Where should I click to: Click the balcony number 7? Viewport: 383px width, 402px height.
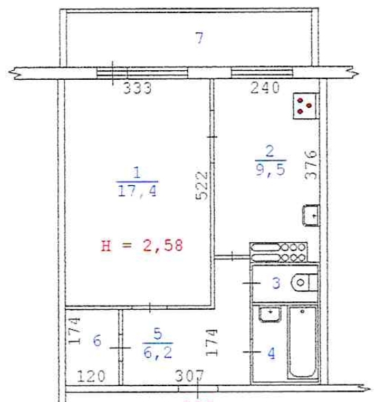199,39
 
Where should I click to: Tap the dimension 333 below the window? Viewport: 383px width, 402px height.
137,88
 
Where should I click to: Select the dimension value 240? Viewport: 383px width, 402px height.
265,88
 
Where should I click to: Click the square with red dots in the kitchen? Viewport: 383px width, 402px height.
304,105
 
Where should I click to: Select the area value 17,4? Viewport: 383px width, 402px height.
137,192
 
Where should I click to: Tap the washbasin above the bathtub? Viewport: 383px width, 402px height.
271,314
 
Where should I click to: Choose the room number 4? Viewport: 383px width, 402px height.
272,353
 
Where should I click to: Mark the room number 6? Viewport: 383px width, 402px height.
97,341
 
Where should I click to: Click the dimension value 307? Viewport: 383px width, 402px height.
190,377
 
